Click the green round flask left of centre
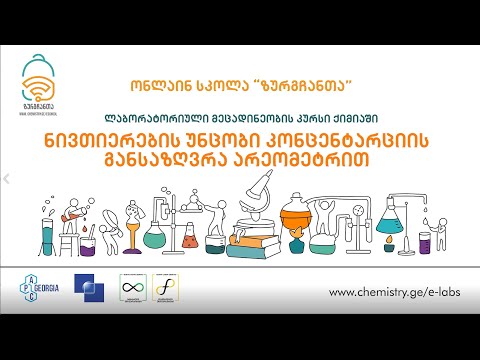click(155, 235)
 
